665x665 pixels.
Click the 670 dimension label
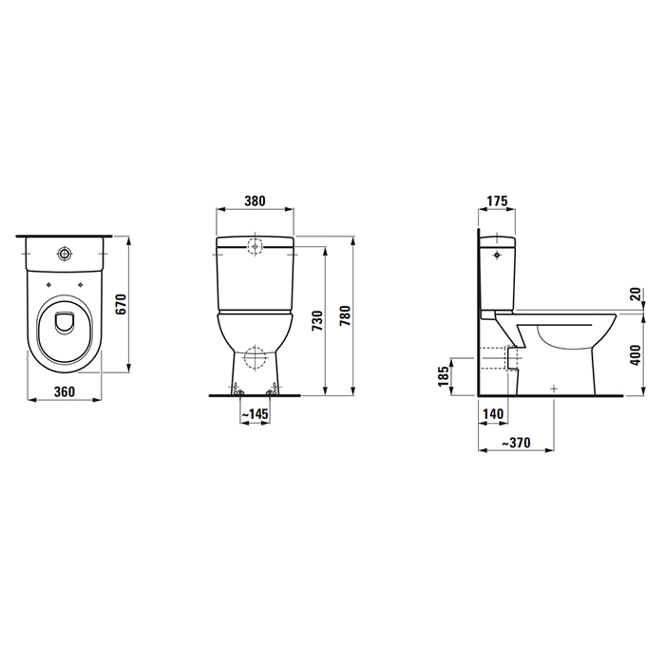tap(120, 304)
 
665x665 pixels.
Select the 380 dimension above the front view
tap(255, 201)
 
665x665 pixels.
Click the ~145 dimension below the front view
tap(253, 414)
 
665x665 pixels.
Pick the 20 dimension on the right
tap(635, 295)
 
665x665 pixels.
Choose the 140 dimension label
tap(492, 414)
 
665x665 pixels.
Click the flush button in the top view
tap(66, 255)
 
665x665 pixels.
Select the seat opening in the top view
tap(66, 323)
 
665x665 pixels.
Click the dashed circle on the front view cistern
tap(255, 246)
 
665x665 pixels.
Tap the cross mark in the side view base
tap(552, 388)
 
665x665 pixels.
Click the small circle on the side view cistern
tap(496, 255)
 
